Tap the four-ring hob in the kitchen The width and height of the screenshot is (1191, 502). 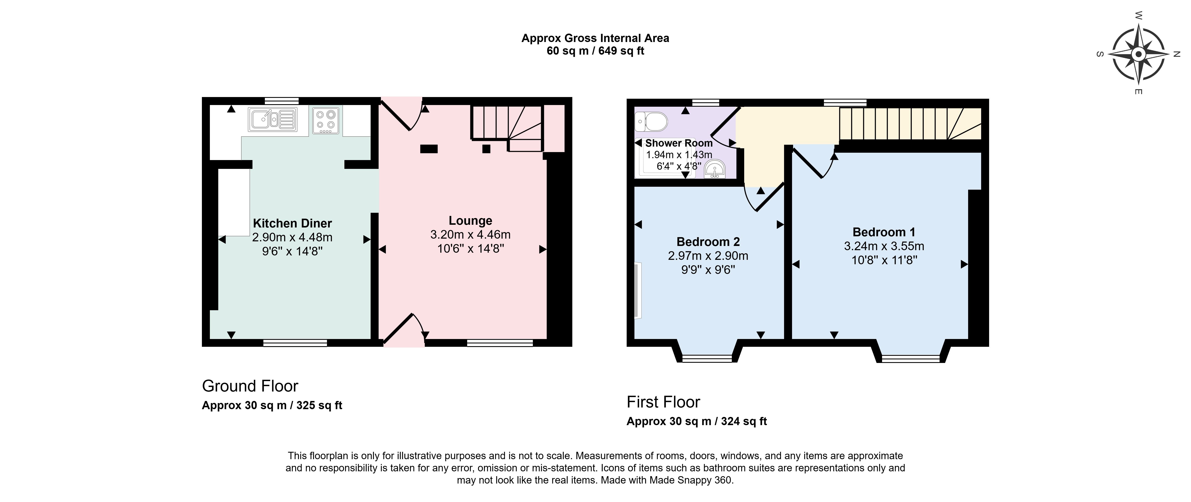point(326,120)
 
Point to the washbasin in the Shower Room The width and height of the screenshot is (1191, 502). point(715,169)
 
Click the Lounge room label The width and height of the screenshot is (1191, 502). point(470,221)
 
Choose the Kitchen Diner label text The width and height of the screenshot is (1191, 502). point(292,223)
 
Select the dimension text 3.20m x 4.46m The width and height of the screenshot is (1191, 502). point(470,235)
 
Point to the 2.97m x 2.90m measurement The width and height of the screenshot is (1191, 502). point(708,256)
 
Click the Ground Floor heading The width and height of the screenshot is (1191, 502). point(250,386)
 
